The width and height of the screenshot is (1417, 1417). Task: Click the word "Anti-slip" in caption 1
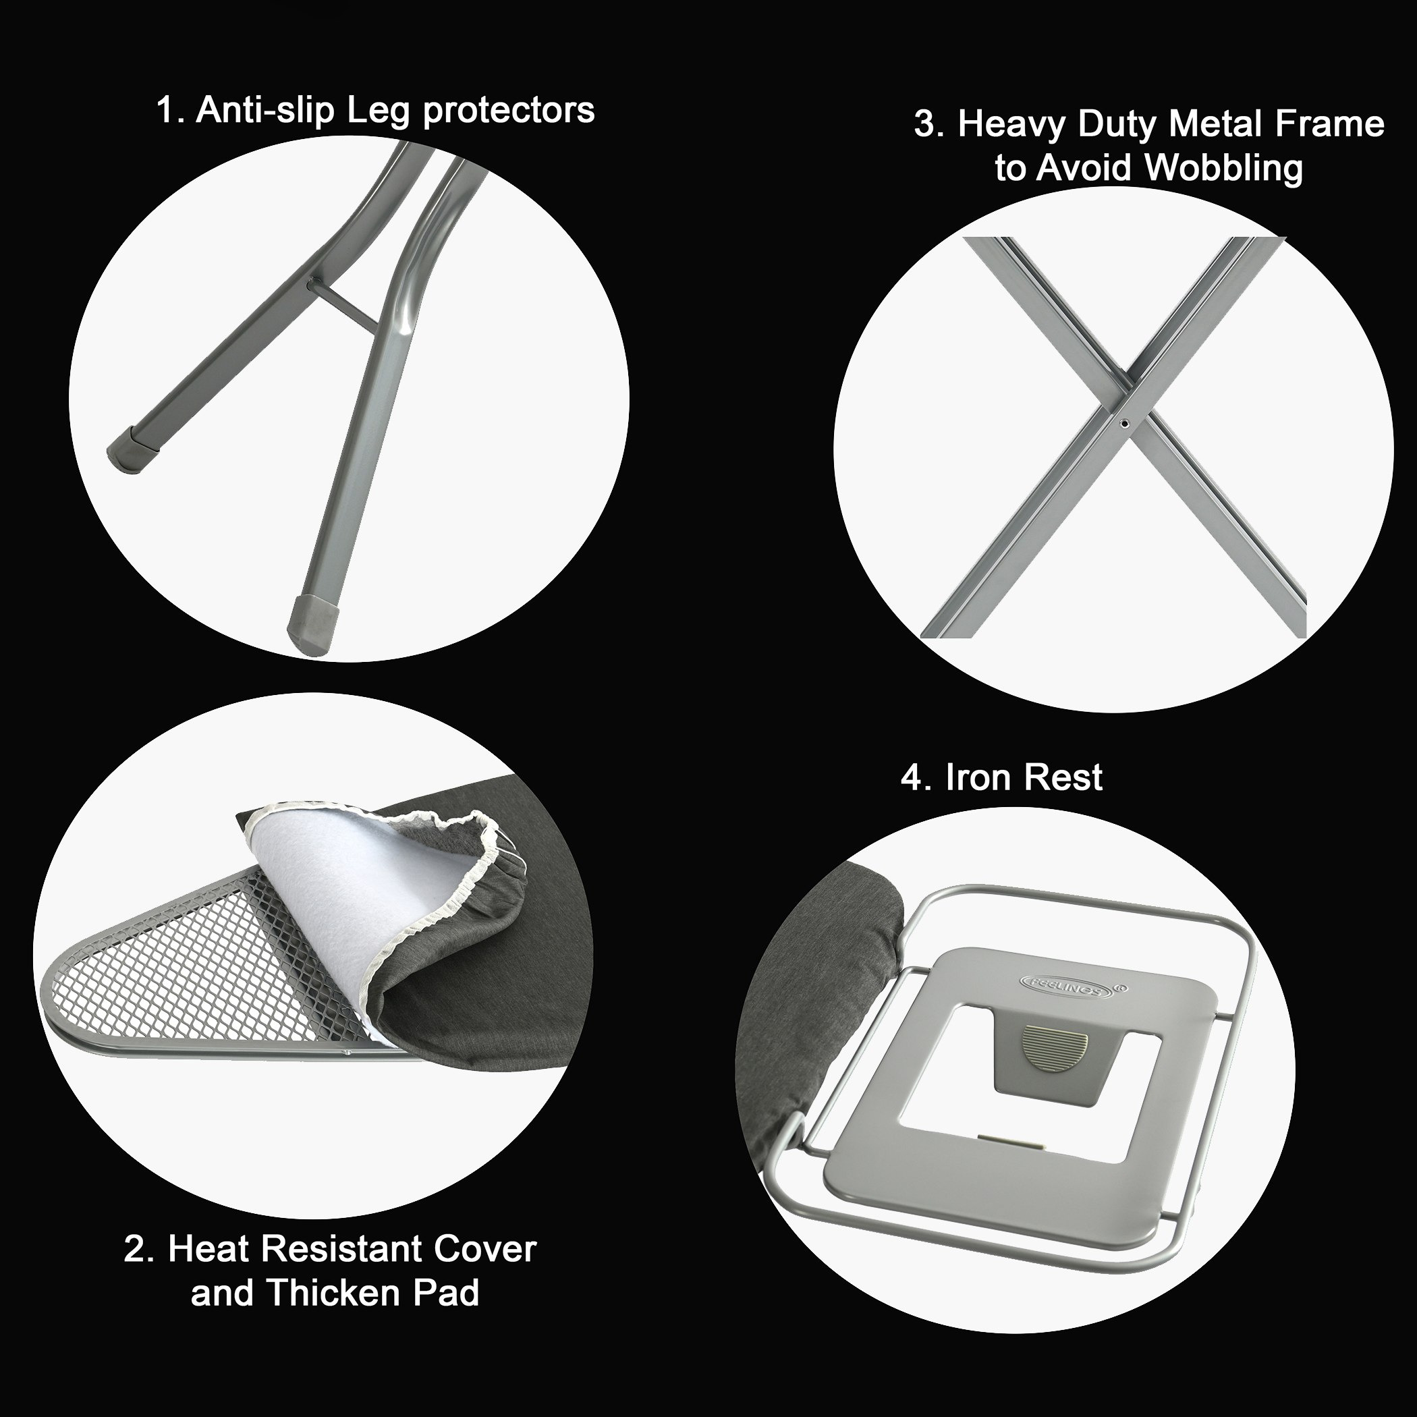[x=265, y=110]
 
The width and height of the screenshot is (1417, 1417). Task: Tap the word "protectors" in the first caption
[x=509, y=111]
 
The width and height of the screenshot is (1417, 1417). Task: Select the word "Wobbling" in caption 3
[x=1224, y=168]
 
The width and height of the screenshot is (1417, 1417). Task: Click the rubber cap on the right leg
[x=311, y=623]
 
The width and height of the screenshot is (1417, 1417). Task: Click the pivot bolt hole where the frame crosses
[x=1123, y=422]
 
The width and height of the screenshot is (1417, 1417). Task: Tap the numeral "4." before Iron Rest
[x=916, y=778]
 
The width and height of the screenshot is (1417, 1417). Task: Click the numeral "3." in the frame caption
[x=929, y=126]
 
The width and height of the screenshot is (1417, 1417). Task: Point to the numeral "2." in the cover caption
[x=140, y=1250]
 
